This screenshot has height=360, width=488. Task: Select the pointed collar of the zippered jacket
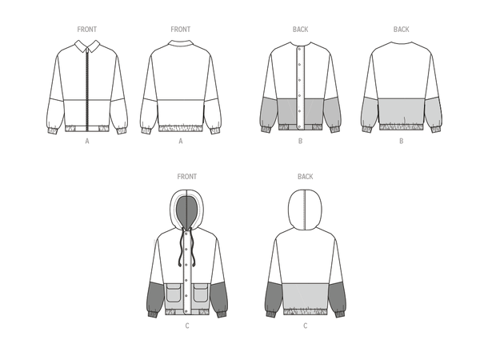87,46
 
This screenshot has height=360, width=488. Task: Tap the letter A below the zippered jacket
87,142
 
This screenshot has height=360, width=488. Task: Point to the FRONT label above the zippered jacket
87,30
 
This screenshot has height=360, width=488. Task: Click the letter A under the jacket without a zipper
181,142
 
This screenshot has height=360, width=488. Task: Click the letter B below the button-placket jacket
300,142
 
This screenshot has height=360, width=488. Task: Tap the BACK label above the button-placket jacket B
300,30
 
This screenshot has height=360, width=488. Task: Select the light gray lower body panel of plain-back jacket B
401,111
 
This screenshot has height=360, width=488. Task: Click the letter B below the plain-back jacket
401,142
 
